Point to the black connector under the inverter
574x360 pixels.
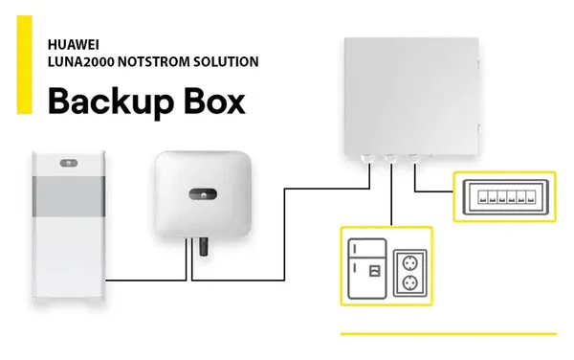tap(202, 247)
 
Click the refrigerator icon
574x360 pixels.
tap(367, 266)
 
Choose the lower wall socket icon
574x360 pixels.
tap(410, 282)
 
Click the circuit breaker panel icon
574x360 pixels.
tap(504, 197)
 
